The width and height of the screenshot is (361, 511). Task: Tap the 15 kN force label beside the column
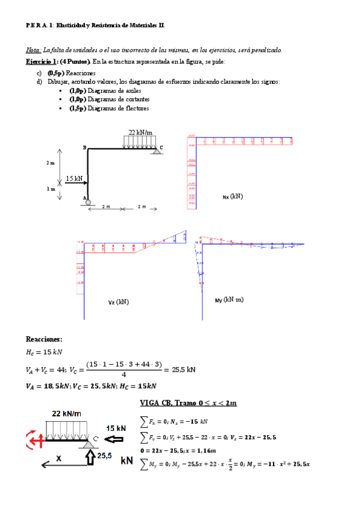[74, 178]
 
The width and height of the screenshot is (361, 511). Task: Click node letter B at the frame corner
[84, 148]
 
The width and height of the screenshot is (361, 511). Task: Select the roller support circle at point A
[88, 202]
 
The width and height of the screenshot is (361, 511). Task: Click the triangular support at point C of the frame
[156, 150]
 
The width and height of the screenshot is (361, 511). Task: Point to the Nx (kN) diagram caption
[233, 196]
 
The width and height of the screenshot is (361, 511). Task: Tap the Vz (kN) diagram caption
[118, 301]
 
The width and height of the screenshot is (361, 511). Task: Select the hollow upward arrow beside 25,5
[90, 458]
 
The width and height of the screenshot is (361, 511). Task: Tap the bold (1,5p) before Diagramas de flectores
[77, 108]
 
